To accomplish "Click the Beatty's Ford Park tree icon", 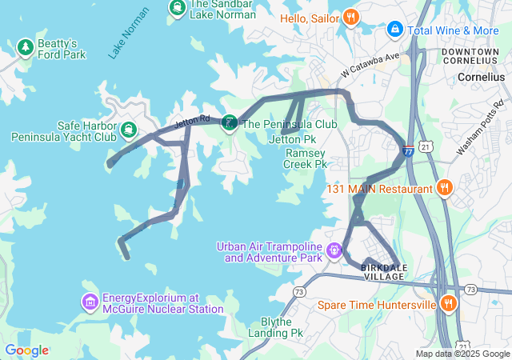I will click(x=26, y=48).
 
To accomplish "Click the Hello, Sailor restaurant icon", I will click(x=350, y=18).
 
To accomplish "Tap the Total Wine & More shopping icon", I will click(x=394, y=30).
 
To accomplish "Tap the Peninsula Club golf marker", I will click(x=229, y=123).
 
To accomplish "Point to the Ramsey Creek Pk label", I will click(x=306, y=158).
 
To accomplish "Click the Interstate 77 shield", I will click(x=409, y=150).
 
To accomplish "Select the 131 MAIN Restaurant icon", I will click(x=446, y=189).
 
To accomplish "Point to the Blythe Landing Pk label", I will click(x=276, y=326).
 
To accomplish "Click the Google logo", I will click(x=26, y=350).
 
